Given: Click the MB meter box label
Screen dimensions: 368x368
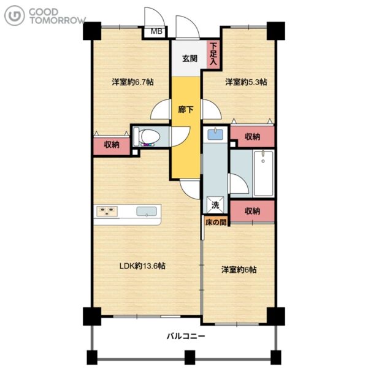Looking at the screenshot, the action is point(156,31).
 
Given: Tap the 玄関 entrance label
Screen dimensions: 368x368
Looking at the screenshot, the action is point(190,58).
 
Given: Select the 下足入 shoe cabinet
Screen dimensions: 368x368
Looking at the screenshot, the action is point(213,55).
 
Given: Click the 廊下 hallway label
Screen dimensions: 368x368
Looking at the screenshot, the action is point(185,109).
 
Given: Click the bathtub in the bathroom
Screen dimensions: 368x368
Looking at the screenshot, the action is point(263,173).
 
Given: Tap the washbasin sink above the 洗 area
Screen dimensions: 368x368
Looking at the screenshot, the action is point(215,134).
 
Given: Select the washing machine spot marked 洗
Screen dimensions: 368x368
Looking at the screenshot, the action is point(215,205).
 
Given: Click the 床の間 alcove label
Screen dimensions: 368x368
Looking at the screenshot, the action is point(216,222).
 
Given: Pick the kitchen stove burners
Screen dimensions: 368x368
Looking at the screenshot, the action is point(107,211).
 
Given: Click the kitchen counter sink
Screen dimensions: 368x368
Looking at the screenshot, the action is point(147,211).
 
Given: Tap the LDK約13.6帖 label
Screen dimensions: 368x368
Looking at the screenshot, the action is point(142,266).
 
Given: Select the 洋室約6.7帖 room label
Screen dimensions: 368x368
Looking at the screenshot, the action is point(133,82).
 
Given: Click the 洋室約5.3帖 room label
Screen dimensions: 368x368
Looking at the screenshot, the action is point(246,82).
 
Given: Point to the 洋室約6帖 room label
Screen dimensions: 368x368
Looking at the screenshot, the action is point(239,270).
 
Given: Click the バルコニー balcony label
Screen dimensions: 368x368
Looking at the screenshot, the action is point(186,336).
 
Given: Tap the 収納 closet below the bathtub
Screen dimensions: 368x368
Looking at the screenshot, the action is point(252,211).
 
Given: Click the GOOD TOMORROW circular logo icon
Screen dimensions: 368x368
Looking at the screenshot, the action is point(14,15).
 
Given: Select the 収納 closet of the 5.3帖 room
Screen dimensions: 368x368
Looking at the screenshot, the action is point(253,136).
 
